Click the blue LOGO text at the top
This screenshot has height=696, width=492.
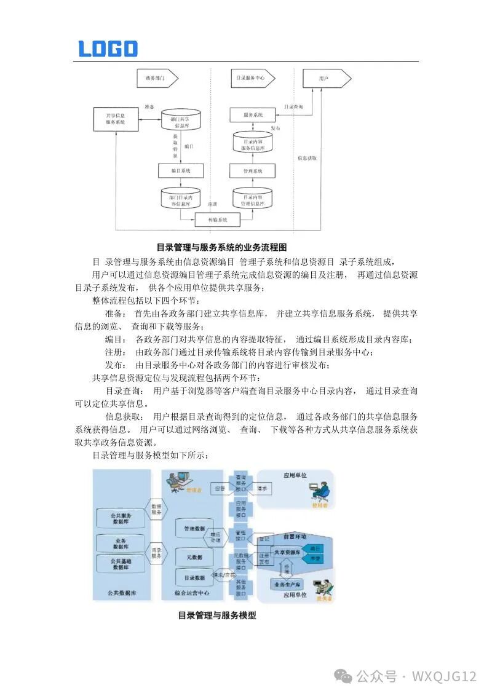(108, 49)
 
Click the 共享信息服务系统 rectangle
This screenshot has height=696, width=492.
(116, 119)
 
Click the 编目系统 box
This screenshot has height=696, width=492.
(180, 170)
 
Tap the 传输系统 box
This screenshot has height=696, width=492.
(217, 219)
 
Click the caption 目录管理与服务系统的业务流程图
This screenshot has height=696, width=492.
(221, 247)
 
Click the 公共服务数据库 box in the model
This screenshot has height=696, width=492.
(121, 517)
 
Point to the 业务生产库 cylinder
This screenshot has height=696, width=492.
(287, 584)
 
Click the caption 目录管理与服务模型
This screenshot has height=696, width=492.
(216, 615)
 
